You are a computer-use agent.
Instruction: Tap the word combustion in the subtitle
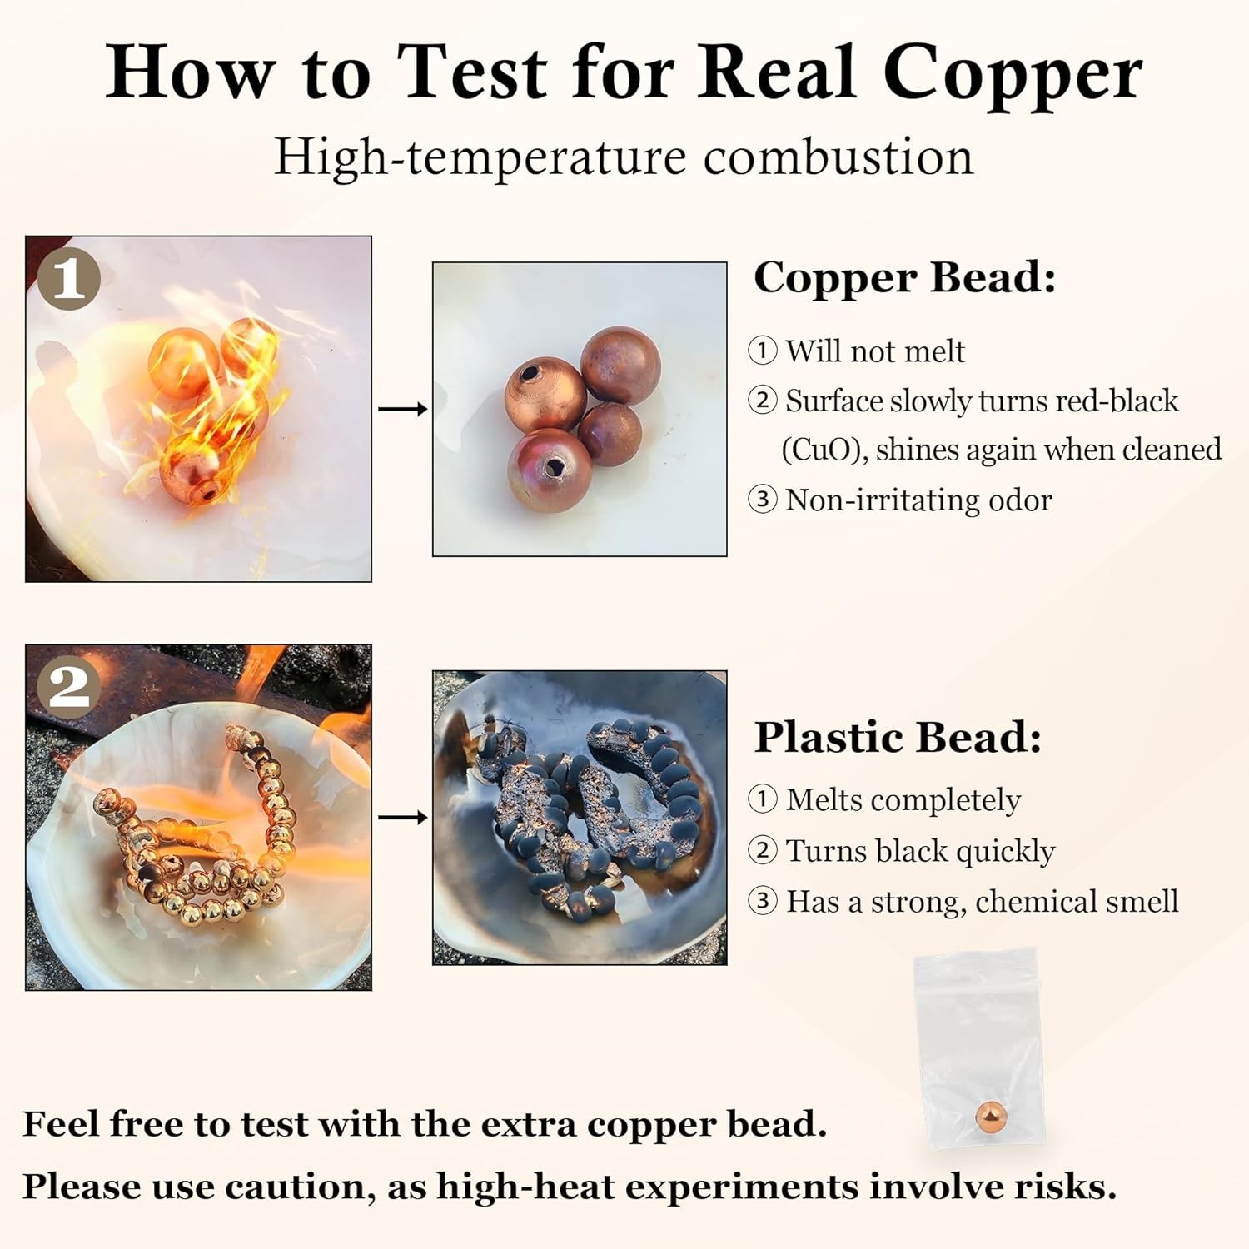(x=838, y=156)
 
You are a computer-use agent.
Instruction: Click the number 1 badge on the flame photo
(x=69, y=278)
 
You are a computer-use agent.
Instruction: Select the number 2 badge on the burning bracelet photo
(x=69, y=687)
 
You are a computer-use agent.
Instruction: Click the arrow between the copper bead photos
(x=403, y=409)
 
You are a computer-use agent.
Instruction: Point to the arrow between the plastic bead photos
(x=403, y=818)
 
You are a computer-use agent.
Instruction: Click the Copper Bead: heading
(x=905, y=278)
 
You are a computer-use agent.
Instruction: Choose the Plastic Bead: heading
(x=898, y=737)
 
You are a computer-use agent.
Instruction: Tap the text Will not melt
(x=875, y=351)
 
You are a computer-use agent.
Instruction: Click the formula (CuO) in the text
(x=824, y=450)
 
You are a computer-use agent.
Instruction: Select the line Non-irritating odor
(x=918, y=500)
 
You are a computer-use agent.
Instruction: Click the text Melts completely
(x=903, y=800)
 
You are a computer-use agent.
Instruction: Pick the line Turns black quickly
(x=920, y=851)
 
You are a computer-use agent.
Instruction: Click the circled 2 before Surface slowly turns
(x=763, y=401)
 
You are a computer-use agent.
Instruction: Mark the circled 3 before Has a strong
(x=763, y=901)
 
